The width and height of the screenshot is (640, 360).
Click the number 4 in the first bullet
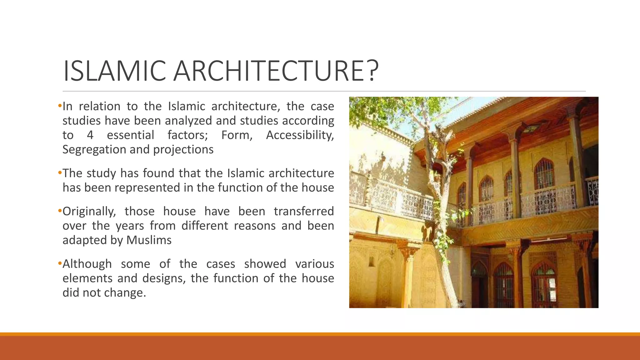pos(90,135)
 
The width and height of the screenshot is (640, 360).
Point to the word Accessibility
pos(300,135)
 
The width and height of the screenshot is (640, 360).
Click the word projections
pos(183,150)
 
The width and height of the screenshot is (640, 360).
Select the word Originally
pos(89,212)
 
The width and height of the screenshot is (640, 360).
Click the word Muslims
pos(149,240)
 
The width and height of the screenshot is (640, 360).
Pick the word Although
pos(87,264)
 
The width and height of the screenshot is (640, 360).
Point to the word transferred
pos(304,212)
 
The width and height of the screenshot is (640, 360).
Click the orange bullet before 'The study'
pos(60,173)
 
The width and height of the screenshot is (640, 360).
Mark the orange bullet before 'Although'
pos(60,263)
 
